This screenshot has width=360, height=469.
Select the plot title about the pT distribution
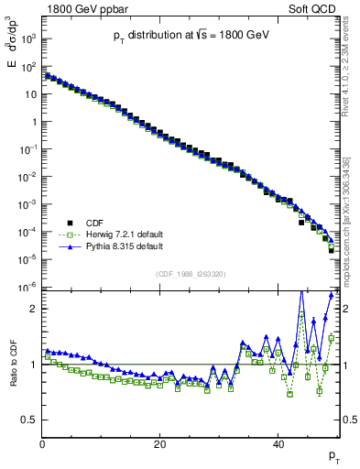(191, 35)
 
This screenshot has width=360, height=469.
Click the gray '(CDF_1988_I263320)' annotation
(191, 272)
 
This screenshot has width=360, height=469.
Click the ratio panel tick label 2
(33, 309)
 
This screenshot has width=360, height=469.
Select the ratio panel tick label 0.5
(28, 420)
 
